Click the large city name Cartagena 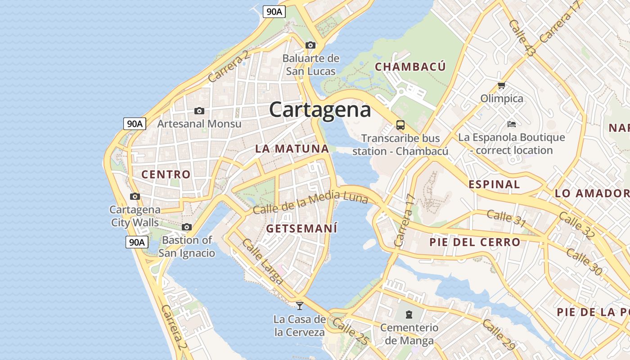(x=320, y=109)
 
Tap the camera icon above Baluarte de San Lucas (x=310, y=45)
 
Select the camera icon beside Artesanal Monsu (x=199, y=111)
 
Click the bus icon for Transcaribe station (x=400, y=125)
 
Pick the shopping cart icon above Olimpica (x=501, y=85)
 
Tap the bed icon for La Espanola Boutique (x=511, y=124)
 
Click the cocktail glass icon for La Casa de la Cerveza (x=299, y=306)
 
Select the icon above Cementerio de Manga (x=409, y=314)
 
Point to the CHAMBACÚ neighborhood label (x=410, y=67)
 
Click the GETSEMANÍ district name (x=301, y=229)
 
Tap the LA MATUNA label (x=292, y=148)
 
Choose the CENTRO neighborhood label (x=166, y=174)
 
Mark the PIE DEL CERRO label (x=475, y=242)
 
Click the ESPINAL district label (x=494, y=184)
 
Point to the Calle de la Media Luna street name (x=310, y=202)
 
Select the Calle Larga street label (x=263, y=261)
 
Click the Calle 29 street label (x=499, y=335)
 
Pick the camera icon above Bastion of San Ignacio (x=187, y=227)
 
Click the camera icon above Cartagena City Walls (x=135, y=196)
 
